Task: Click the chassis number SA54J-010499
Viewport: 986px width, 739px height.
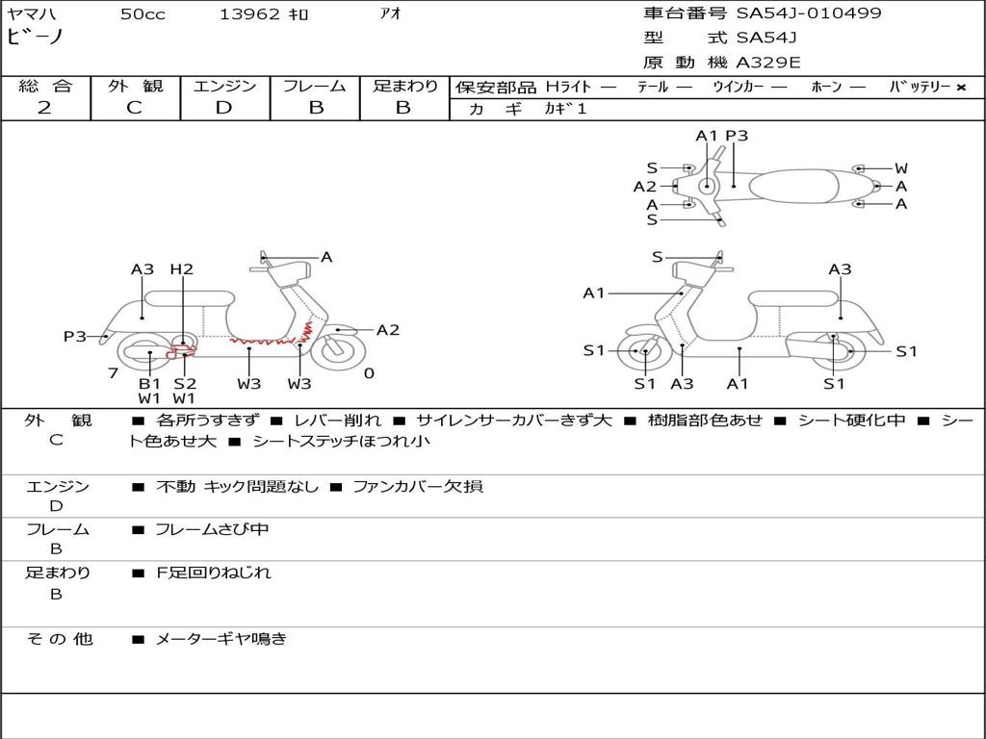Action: tap(809, 13)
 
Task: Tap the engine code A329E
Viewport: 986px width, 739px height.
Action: tap(768, 64)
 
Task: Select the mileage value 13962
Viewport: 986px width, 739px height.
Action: tap(249, 14)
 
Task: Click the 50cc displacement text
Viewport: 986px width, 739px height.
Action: tap(143, 14)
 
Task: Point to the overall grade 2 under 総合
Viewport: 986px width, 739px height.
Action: tap(44, 108)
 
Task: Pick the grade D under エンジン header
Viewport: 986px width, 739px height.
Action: tap(223, 108)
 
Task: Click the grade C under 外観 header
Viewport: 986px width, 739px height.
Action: tap(134, 108)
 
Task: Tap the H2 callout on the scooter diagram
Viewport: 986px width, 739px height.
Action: tap(182, 269)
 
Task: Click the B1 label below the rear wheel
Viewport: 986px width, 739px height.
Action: tap(149, 384)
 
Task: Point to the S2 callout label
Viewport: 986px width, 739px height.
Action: tap(185, 384)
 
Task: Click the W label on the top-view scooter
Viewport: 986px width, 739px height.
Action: tap(901, 168)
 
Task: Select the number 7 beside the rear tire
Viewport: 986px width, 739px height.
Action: tap(114, 373)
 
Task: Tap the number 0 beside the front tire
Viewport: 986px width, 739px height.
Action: tap(369, 373)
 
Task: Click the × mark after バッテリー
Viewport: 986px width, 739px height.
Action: tap(961, 88)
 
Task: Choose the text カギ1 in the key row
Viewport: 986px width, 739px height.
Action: tap(565, 110)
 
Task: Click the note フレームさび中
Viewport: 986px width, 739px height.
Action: tap(212, 529)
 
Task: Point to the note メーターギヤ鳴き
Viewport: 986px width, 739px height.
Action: tap(221, 638)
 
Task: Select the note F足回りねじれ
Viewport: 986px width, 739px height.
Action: tap(214, 573)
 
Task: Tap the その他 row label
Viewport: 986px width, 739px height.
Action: tap(59, 638)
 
